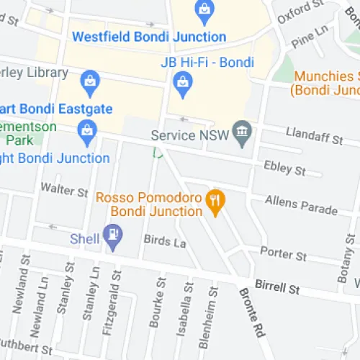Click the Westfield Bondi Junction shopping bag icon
(x=204, y=10)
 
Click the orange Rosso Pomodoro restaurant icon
(x=214, y=201)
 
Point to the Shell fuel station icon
(x=112, y=234)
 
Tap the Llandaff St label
(x=297, y=133)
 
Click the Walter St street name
(x=64, y=191)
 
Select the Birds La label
(x=165, y=242)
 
